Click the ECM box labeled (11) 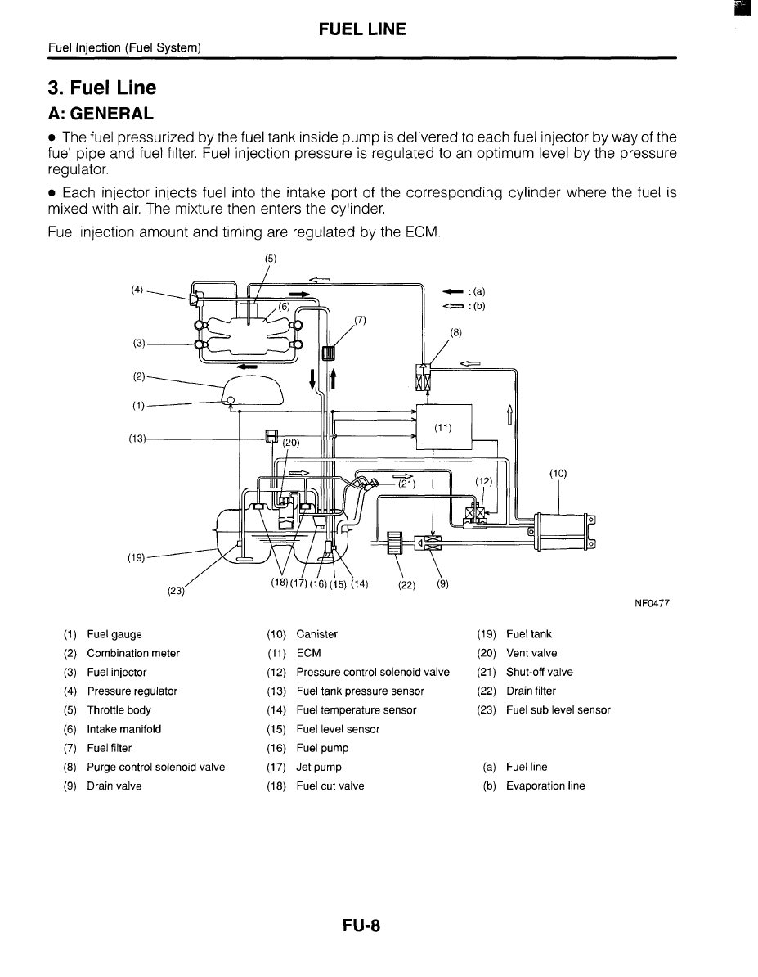444,426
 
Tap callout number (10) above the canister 558,473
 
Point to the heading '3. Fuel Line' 101,88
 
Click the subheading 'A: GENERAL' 100,112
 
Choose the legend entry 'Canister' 316,634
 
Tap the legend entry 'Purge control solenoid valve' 155,768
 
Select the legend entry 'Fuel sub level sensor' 558,710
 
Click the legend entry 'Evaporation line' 545,786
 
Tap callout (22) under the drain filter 406,584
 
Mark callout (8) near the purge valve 456,332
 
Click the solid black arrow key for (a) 451,291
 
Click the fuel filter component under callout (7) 330,354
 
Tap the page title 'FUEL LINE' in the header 361,29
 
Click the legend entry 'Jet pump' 319,768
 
